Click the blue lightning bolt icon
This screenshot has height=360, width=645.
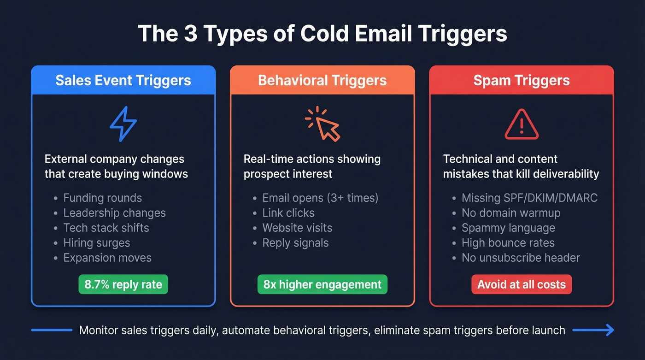coord(123,124)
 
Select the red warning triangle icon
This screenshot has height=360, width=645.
coord(522,124)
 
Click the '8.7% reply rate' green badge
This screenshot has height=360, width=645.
coord(123,284)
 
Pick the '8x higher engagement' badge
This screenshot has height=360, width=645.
coord(322,284)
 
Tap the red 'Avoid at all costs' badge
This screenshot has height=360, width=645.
coord(522,284)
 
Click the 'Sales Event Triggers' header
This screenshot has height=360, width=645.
coord(123,80)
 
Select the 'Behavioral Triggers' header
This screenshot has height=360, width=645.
coord(322,80)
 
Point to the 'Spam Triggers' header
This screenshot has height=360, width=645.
coord(522,80)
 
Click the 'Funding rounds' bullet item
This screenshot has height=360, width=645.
coord(102,198)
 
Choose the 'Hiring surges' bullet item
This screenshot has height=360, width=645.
coord(96,243)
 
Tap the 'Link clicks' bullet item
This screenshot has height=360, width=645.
coord(288,213)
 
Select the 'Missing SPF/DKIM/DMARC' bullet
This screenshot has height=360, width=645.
coord(529,198)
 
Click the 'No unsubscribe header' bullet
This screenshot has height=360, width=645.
coord(521,258)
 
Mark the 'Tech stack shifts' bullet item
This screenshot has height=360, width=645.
coord(106,228)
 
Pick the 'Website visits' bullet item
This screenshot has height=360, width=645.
coord(297,228)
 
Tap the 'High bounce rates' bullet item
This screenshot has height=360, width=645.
coord(508,243)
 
